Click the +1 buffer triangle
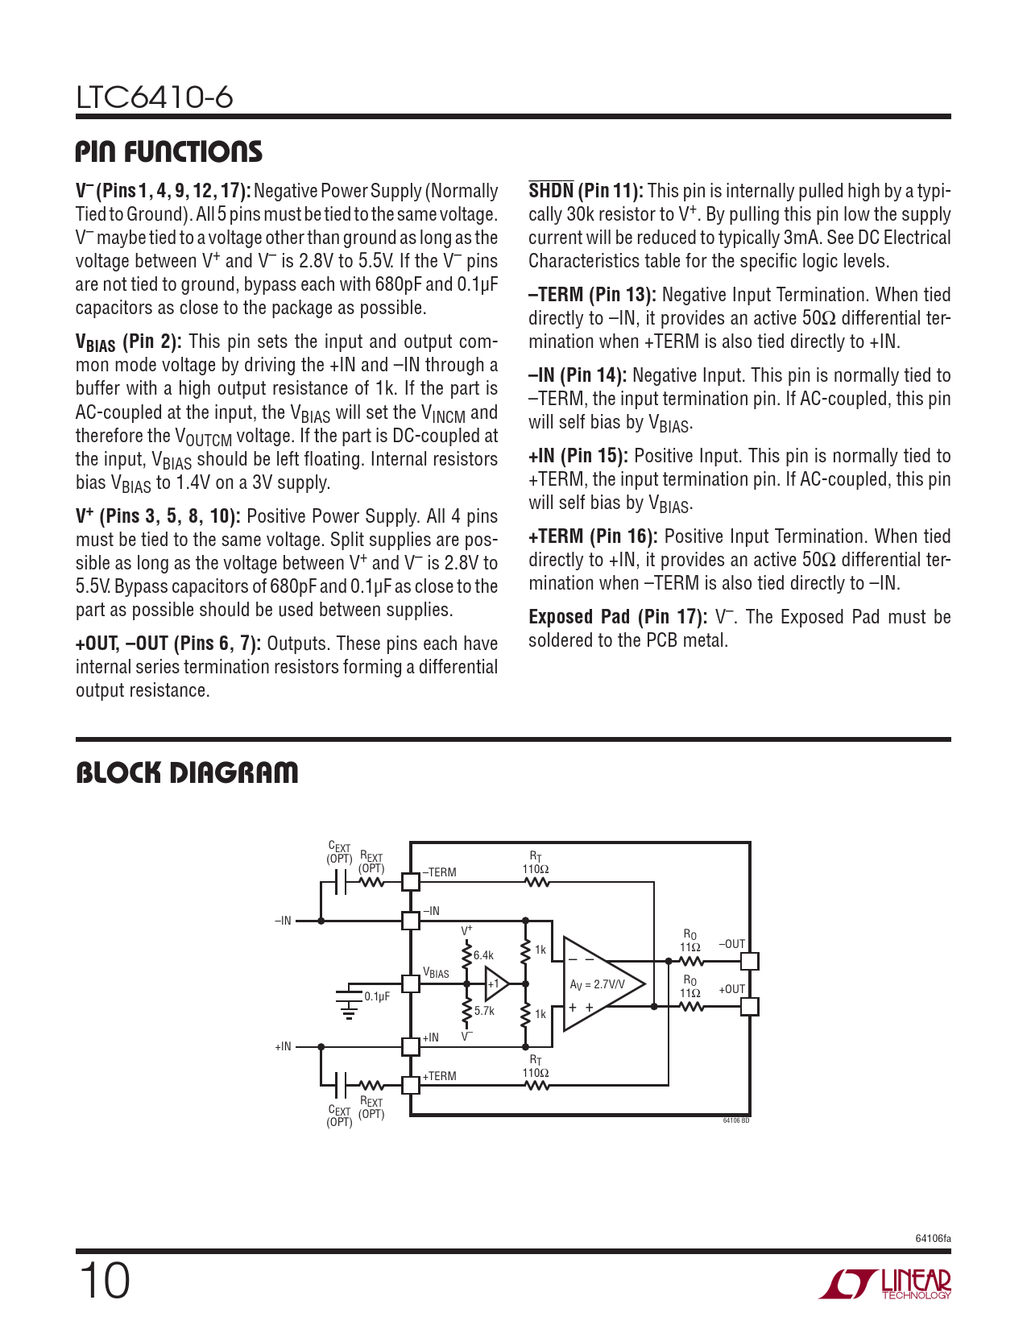(x=495, y=983)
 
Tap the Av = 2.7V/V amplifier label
(x=597, y=984)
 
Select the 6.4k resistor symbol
(x=466, y=956)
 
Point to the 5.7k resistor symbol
(x=466, y=1010)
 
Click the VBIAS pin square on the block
(x=411, y=983)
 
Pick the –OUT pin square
(x=750, y=961)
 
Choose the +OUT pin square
(x=750, y=1006)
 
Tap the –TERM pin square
(x=411, y=881)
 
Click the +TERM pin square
(x=411, y=1084)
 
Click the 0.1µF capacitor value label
(x=377, y=996)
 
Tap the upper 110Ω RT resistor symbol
(x=536, y=882)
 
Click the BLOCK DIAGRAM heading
(x=187, y=773)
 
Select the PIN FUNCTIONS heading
(x=169, y=152)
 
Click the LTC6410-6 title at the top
(x=155, y=97)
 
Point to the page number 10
(x=104, y=1281)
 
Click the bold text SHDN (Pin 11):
(x=586, y=192)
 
